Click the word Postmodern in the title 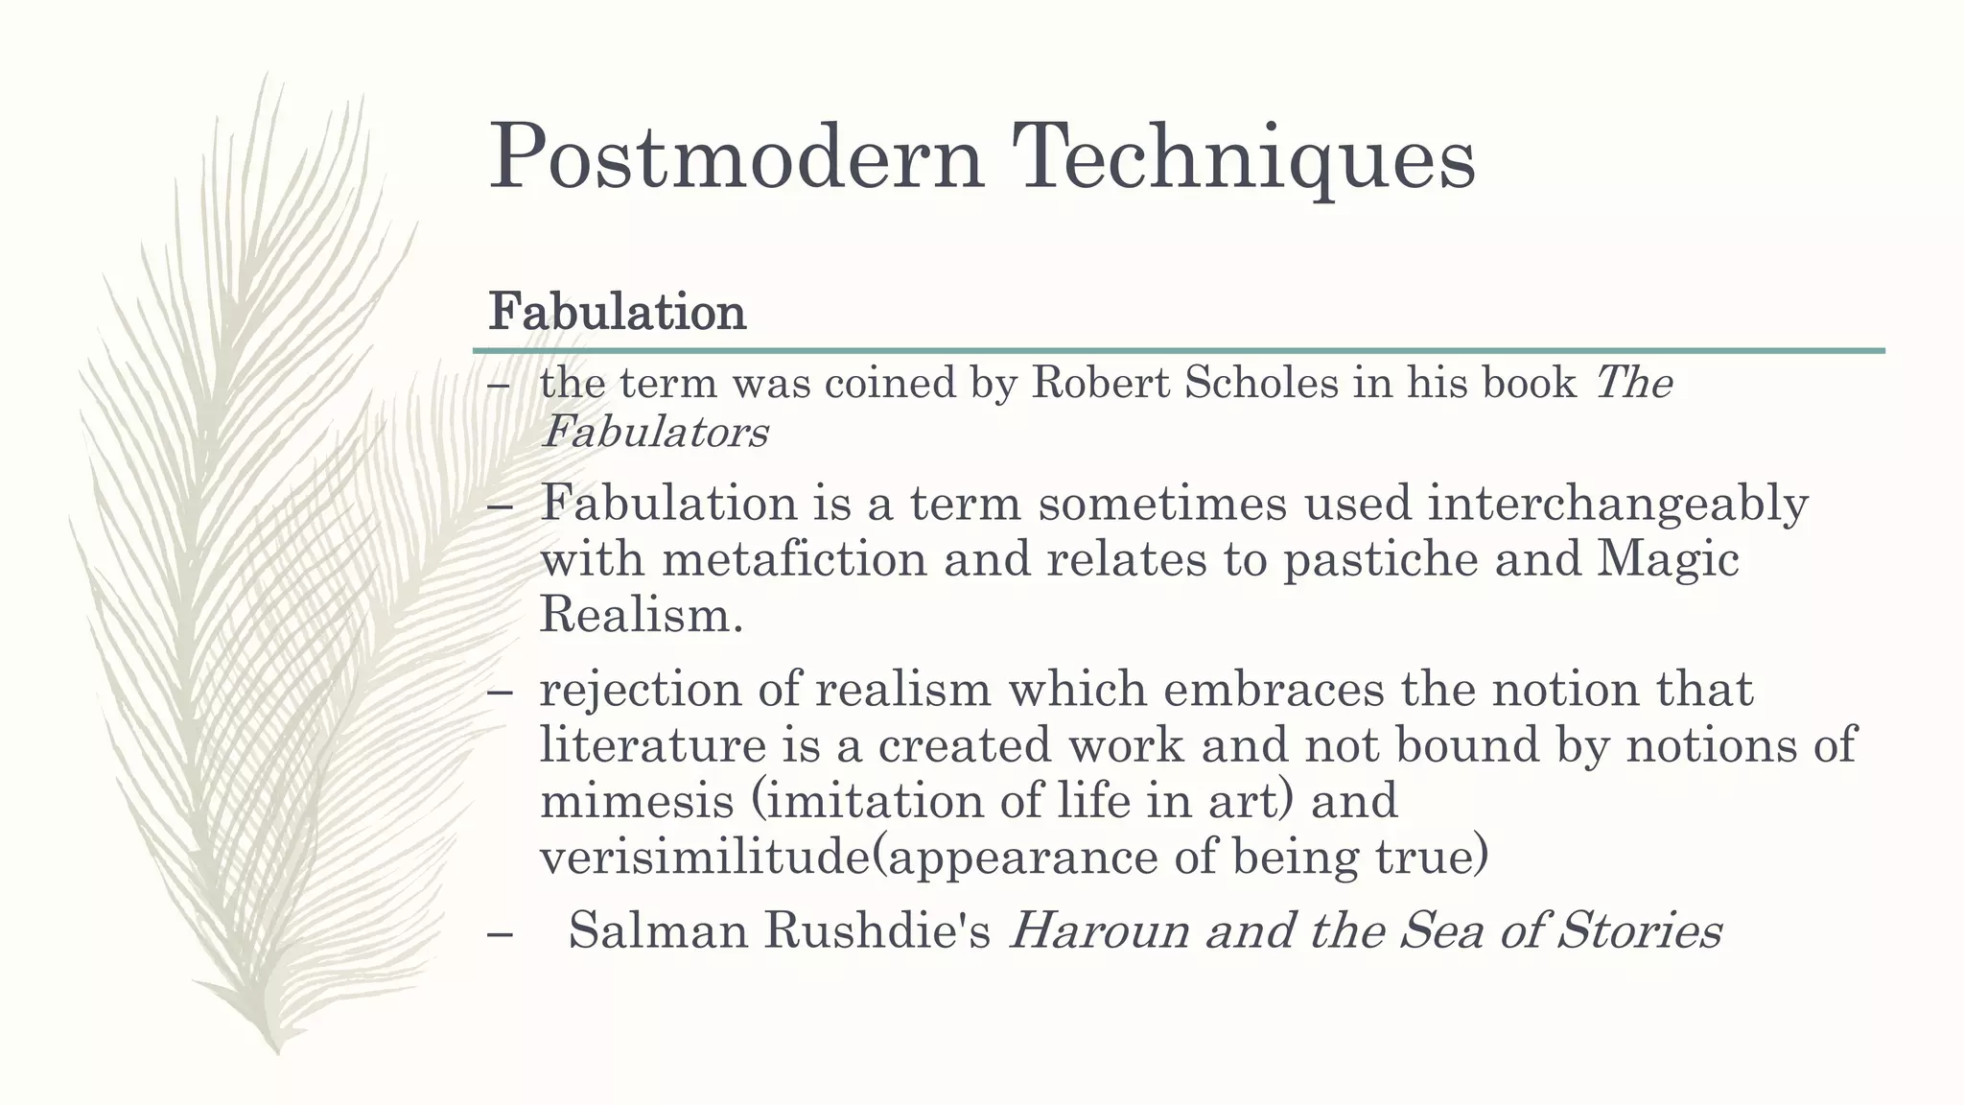(736, 156)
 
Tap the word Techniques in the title (1243, 156)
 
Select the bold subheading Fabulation (617, 312)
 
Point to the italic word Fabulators (655, 433)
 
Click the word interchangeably (1618, 504)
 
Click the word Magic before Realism (1668, 559)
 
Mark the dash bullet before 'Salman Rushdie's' (500, 932)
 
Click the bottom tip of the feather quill (276, 1051)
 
